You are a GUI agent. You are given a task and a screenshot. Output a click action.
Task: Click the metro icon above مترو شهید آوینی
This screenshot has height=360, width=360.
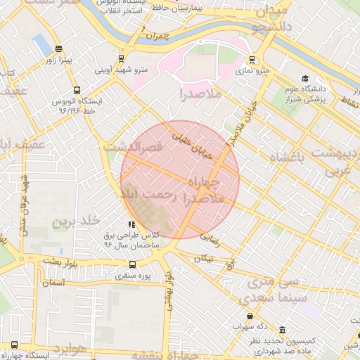point(122,59)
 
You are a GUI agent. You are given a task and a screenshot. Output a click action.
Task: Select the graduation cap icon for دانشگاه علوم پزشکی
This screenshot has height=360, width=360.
point(304,78)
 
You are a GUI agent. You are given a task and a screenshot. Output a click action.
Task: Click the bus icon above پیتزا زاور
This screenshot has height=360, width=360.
point(58,50)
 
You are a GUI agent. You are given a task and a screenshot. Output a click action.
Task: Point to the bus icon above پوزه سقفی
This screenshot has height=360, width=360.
point(122,265)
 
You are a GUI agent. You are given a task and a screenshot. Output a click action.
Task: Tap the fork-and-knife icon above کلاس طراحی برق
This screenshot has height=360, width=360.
point(131,224)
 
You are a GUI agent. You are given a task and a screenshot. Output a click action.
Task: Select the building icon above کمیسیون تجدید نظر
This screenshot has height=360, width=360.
point(283,330)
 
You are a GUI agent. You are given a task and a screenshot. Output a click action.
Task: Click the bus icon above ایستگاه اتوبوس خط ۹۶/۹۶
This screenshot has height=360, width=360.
point(77,90)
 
